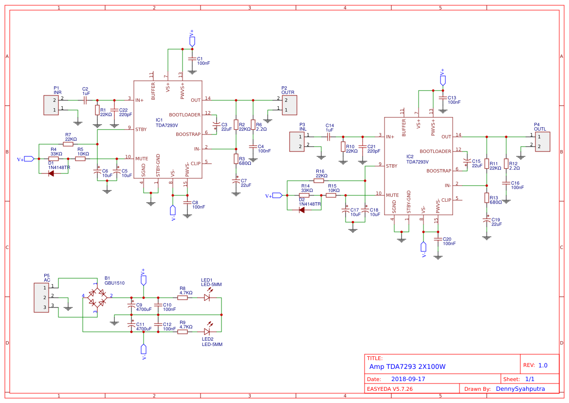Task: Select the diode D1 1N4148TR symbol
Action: (51, 173)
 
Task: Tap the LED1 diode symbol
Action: (207, 297)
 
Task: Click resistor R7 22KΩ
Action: (68, 144)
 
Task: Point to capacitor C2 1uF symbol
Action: (85, 100)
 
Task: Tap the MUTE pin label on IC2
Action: (392, 195)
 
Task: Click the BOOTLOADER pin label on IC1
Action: (184, 115)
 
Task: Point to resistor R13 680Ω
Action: (486, 197)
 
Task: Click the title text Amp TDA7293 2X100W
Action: (407, 366)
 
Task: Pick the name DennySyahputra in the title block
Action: (520, 389)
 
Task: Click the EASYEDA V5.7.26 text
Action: (389, 389)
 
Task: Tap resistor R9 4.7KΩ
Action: (183, 331)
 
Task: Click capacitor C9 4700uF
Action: (131, 306)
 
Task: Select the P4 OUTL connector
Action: (542, 142)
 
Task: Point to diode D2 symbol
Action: (302, 210)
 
